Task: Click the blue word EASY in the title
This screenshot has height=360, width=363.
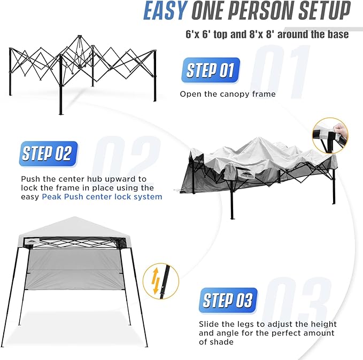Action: tap(166, 11)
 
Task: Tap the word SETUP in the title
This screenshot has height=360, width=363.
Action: tap(325, 11)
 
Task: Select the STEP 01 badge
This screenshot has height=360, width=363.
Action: tap(211, 70)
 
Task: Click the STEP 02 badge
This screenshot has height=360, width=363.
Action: tap(49, 154)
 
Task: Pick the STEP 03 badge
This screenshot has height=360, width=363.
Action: tap(228, 301)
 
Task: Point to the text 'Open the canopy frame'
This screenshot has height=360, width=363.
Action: tap(228, 94)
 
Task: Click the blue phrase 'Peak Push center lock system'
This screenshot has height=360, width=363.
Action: tap(102, 197)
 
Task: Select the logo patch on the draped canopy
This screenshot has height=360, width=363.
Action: tap(247, 175)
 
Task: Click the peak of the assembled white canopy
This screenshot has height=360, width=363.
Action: tap(74, 217)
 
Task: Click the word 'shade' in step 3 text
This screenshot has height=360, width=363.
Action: tap(223, 342)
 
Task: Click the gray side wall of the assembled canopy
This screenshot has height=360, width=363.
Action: tap(74, 270)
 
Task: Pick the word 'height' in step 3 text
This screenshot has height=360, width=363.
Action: tap(323, 324)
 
